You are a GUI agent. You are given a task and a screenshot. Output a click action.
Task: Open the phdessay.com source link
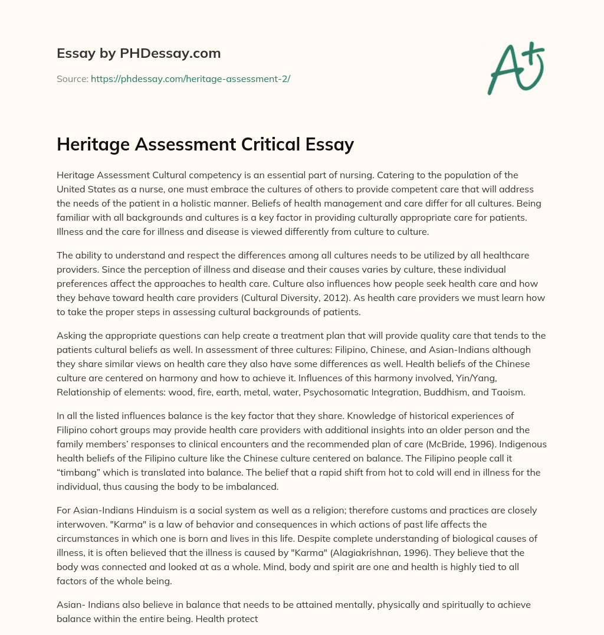click(x=190, y=78)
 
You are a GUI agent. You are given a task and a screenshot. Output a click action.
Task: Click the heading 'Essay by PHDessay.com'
click(x=139, y=54)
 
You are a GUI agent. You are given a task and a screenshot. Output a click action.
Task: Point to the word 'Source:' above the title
click(x=72, y=78)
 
